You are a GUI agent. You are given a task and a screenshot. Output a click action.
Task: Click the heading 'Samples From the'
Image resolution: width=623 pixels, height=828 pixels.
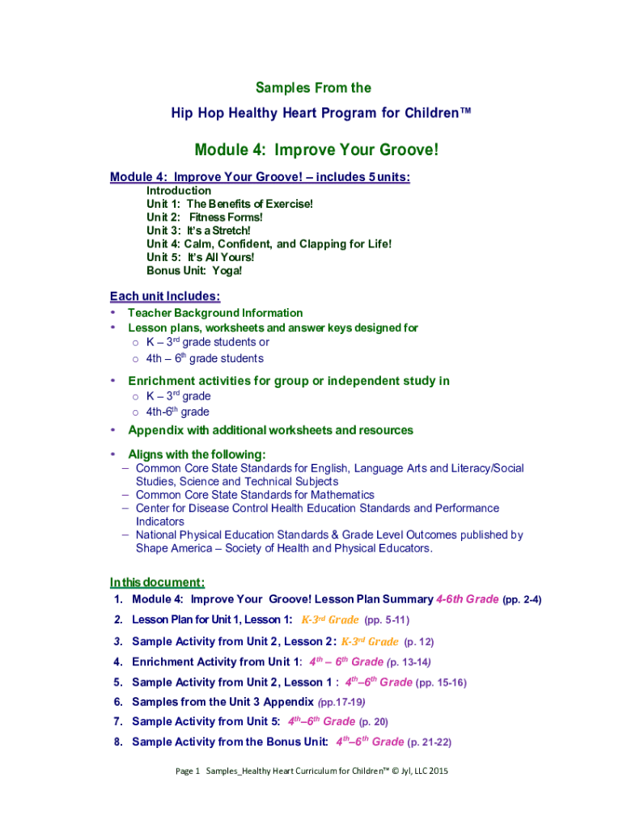tap(313, 87)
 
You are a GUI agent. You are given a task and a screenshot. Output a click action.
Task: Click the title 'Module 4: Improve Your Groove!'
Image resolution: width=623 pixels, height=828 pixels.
tap(316, 150)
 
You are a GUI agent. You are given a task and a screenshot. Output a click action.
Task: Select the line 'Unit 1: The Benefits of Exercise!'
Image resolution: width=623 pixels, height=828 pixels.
tap(229, 204)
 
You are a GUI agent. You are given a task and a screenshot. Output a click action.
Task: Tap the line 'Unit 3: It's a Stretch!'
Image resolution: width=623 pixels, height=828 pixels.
tap(198, 230)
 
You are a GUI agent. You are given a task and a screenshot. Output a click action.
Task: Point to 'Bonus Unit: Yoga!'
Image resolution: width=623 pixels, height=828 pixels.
tap(194, 270)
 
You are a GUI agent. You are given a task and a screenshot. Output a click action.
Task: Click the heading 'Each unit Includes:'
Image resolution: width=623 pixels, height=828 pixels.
tap(165, 296)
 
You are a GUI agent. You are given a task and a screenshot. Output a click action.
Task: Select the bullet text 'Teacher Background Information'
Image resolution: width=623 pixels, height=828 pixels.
tap(215, 313)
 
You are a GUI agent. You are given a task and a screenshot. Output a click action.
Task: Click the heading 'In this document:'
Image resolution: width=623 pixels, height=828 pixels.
tap(157, 582)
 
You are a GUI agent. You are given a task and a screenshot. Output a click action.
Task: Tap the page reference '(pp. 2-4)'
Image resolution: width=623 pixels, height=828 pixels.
tap(522, 600)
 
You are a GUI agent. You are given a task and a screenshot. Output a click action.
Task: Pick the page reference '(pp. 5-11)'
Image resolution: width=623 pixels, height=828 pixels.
tap(387, 620)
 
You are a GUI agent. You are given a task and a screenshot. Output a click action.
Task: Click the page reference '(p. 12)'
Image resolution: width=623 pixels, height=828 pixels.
tap(419, 641)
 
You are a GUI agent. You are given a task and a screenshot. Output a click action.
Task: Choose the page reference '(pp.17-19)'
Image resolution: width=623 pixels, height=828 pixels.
tap(342, 701)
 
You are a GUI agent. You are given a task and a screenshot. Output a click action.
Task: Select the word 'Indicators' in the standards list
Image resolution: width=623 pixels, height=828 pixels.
tap(159, 522)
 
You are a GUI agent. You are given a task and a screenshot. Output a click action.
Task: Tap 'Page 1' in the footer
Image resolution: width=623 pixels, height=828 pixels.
tap(188, 771)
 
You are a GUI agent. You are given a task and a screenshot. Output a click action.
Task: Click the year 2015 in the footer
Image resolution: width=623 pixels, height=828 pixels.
tap(435, 771)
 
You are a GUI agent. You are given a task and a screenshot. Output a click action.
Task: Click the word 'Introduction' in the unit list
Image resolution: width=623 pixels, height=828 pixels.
tap(179, 191)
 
